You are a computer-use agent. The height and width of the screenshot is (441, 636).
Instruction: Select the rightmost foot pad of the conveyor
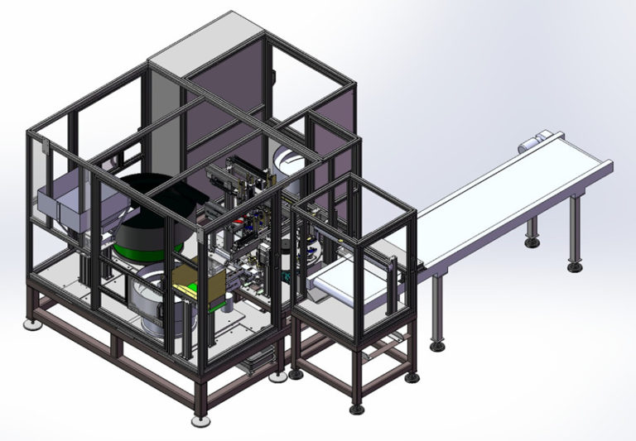point(574,266)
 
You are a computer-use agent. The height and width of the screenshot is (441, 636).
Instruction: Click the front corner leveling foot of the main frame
point(200,419)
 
